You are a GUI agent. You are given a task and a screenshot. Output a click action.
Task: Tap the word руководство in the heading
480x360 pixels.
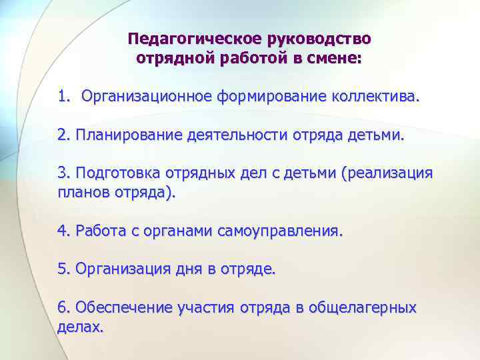(319, 39)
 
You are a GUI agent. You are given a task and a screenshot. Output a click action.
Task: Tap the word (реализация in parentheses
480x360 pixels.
(387, 174)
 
